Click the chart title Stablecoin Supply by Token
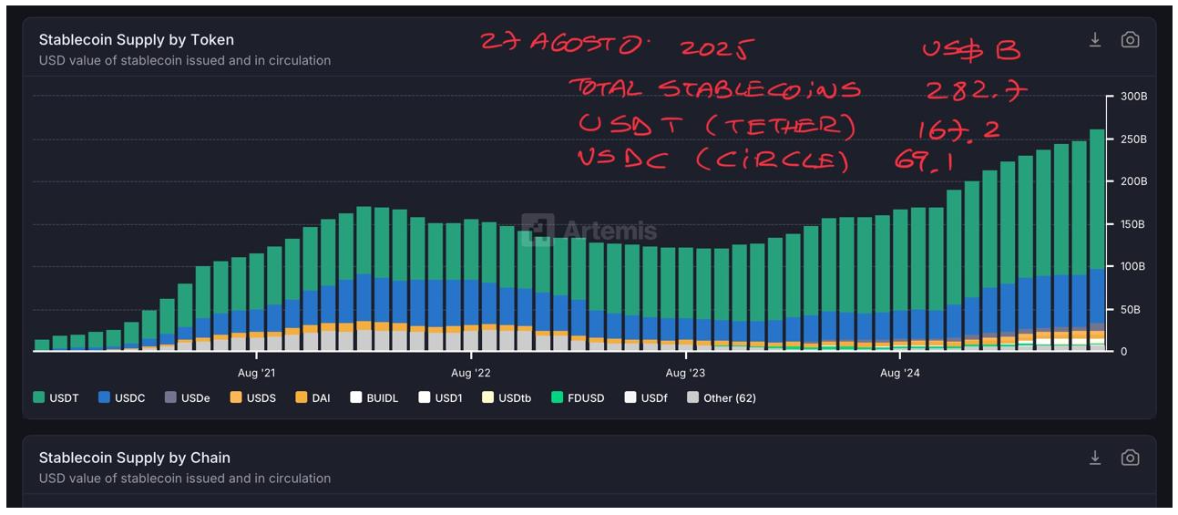pyautogui.click(x=136, y=40)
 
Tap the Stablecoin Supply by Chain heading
pyautogui.click(x=134, y=458)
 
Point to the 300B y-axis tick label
pyautogui.click(x=1133, y=97)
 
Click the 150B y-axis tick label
pyautogui.click(x=1133, y=224)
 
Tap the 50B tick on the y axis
pyautogui.click(x=1131, y=310)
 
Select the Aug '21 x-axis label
pyautogui.click(x=256, y=373)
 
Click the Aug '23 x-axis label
pyautogui.click(x=685, y=373)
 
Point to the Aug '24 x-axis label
pyautogui.click(x=900, y=373)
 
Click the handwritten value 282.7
pyautogui.click(x=964, y=90)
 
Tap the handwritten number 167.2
pyautogui.click(x=962, y=129)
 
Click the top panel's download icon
pyautogui.click(x=1095, y=40)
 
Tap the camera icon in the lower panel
pyautogui.click(x=1130, y=458)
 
